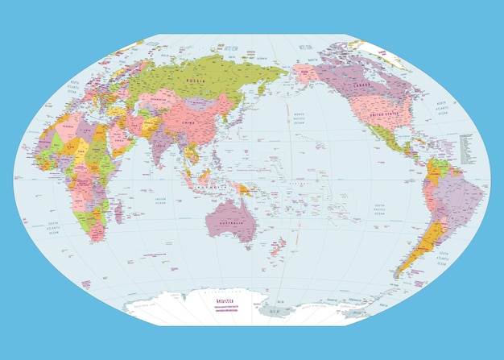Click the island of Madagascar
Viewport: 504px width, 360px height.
coord(120,212)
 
